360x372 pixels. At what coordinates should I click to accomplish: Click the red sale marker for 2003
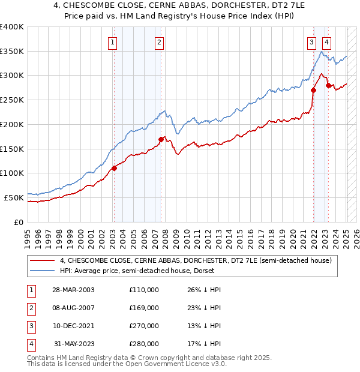click(114, 168)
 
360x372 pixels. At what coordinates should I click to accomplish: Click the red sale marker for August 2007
click(161, 139)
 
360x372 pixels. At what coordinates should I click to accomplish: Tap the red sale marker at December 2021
click(313, 91)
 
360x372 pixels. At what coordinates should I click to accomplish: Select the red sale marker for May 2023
click(328, 85)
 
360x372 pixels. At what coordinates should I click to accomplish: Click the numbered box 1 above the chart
click(113, 42)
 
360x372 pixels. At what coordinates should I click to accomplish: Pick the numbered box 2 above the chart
click(159, 42)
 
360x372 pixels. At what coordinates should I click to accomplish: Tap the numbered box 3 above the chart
click(312, 42)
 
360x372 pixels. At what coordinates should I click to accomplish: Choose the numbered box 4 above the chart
click(326, 42)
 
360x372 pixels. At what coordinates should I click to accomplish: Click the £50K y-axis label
click(13, 197)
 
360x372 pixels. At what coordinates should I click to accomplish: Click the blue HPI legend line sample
click(43, 271)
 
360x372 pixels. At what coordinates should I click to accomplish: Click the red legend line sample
click(43, 260)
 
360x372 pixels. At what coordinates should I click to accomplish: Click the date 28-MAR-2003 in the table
click(74, 290)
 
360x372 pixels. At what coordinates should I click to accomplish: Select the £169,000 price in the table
click(144, 308)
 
